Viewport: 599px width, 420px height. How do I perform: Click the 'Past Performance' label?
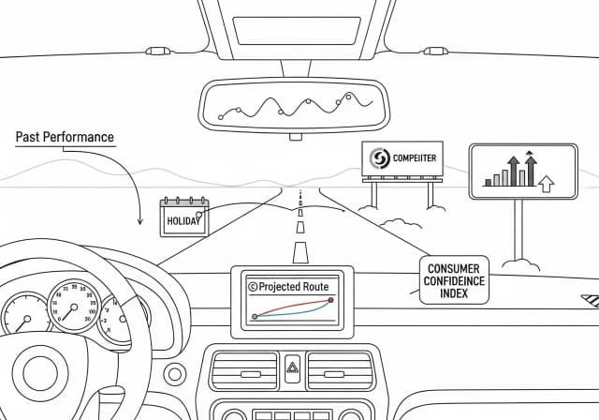[x=65, y=137]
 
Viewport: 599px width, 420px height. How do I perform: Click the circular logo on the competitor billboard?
[x=380, y=159]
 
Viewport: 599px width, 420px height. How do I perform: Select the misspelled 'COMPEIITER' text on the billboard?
[x=416, y=159]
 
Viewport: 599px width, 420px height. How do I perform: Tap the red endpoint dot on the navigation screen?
[x=330, y=300]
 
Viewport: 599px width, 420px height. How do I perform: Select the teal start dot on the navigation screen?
[x=254, y=317]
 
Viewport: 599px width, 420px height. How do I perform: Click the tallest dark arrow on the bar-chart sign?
[x=531, y=168]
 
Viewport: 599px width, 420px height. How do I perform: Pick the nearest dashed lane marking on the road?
[x=299, y=251]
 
